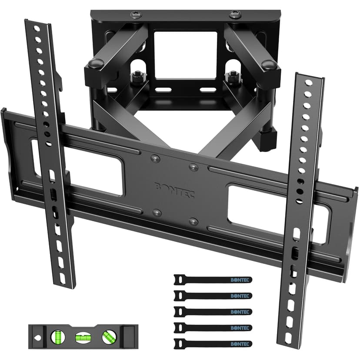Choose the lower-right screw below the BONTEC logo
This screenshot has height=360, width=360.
[x=194, y=222]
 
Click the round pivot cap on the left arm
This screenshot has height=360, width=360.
[x=94, y=64]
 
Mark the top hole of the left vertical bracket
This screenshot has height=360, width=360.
[x=37, y=29]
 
